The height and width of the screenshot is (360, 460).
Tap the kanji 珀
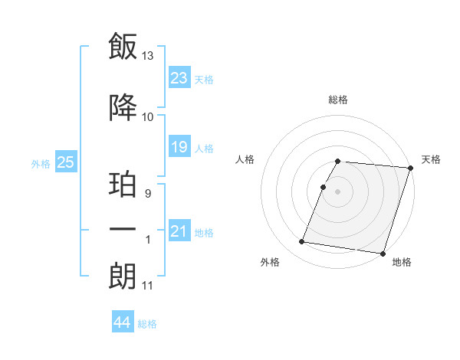[123, 185]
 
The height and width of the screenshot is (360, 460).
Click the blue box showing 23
[179, 78]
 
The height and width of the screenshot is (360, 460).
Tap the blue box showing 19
[179, 147]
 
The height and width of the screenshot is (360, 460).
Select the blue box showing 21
[179, 231]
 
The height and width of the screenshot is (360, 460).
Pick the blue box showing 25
[65, 162]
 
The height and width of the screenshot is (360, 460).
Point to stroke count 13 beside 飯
[148, 56]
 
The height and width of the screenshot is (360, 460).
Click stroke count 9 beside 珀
[148, 194]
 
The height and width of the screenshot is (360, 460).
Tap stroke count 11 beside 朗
[148, 286]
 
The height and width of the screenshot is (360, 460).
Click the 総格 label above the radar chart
[338, 100]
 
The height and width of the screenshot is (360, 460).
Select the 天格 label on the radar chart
[431, 159]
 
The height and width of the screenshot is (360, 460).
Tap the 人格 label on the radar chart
[245, 159]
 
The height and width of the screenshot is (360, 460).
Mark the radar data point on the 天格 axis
[410, 169]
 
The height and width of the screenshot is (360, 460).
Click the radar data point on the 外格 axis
[302, 242]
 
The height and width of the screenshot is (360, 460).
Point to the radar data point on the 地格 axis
[383, 254]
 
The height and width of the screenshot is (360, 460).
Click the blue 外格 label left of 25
[40, 163]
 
